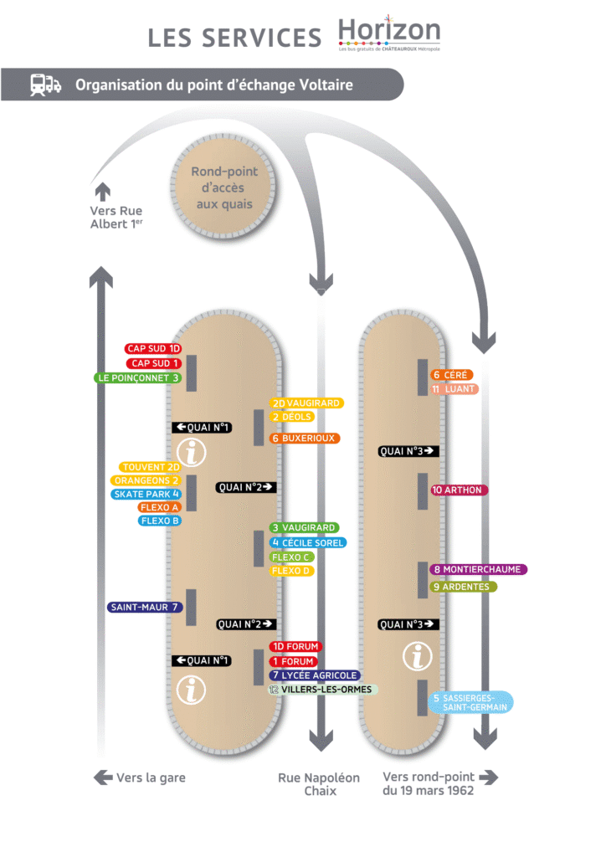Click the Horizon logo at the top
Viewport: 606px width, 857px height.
[389, 35]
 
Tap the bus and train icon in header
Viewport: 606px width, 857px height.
[45, 85]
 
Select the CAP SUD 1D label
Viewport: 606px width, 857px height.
[153, 348]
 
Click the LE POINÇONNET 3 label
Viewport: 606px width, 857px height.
[137, 377]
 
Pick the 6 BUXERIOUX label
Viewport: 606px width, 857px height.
[305, 438]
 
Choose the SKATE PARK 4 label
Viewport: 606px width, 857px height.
[146, 494]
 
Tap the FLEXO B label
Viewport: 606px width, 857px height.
[159, 521]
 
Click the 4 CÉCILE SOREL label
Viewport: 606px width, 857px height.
[308, 542]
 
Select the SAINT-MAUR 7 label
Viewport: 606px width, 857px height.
[145, 608]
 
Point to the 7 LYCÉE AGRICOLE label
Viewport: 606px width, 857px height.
[315, 675]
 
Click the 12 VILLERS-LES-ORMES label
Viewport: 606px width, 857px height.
[323, 690]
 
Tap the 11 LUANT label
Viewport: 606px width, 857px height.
[454, 389]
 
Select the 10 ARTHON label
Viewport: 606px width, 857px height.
[459, 490]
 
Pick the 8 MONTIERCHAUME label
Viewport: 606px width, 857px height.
[479, 569]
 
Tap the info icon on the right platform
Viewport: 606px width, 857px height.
[418, 656]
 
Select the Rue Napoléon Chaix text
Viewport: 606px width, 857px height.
[319, 784]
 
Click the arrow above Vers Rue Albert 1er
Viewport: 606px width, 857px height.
[102, 189]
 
